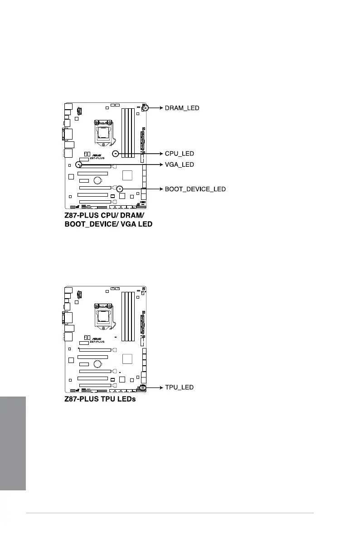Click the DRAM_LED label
182,108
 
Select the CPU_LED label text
179,154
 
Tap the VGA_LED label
179,165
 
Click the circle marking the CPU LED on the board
116,154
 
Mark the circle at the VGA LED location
79,165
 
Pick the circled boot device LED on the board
119,189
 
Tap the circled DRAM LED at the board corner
145,108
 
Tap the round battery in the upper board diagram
97,180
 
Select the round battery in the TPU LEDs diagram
97,364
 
